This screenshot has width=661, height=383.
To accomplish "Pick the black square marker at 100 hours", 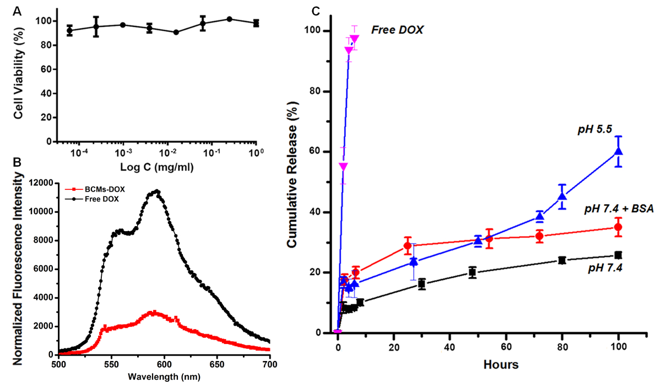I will [x=618, y=255].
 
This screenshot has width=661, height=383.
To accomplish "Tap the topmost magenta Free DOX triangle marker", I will [x=354, y=39].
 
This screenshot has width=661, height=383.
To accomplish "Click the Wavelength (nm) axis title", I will [x=164, y=376].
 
